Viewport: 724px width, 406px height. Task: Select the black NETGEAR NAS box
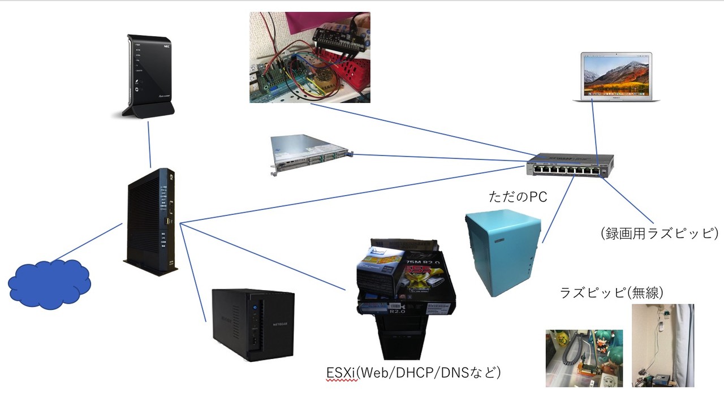click(253, 324)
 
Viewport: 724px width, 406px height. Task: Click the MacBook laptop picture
click(616, 77)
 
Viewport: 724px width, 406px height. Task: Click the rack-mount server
click(312, 154)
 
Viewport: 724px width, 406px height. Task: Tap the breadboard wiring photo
click(309, 57)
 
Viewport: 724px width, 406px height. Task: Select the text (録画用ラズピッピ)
click(660, 233)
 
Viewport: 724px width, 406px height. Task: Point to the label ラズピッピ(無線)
click(611, 293)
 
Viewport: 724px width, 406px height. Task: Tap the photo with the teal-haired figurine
click(584, 358)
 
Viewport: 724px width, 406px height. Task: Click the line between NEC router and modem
click(149, 144)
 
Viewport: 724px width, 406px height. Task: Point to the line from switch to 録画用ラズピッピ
click(628, 201)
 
